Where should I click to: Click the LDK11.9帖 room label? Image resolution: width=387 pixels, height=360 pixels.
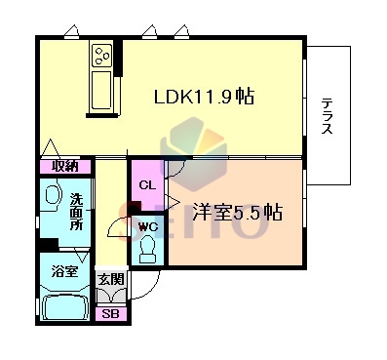[204, 96]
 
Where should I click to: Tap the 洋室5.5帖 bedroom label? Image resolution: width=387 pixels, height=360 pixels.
[237, 212]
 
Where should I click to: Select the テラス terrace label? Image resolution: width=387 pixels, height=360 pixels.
[328, 116]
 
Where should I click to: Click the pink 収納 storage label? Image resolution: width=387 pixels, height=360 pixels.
[65, 166]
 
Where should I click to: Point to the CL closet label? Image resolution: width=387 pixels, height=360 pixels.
[147, 185]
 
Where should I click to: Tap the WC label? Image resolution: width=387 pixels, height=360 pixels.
[148, 226]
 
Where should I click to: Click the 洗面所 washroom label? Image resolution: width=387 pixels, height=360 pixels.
[77, 212]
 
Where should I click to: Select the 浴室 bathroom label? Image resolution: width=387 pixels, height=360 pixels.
[64, 271]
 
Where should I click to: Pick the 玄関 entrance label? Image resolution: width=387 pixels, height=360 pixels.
[111, 279]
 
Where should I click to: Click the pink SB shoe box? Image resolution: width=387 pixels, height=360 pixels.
[110, 313]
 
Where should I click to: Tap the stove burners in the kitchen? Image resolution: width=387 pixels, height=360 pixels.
[101, 56]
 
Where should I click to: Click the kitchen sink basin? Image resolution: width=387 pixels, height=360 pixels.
[101, 90]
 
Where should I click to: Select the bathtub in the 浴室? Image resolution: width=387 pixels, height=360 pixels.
[65, 307]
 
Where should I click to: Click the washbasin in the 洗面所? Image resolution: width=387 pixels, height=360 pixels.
[53, 195]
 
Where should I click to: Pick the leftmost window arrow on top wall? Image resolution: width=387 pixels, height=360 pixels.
[71, 31]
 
